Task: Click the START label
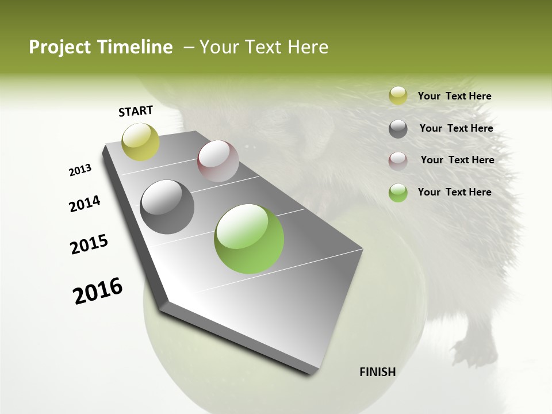click(136, 111)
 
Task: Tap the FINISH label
click(377, 372)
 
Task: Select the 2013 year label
click(80, 170)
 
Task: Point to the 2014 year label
click(85, 204)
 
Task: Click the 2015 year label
click(89, 244)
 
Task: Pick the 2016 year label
click(98, 291)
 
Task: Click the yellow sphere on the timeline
click(140, 141)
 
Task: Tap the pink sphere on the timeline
click(218, 161)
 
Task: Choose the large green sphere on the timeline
click(249, 239)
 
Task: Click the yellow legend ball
click(398, 96)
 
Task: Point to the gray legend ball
click(398, 129)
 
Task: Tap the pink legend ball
click(398, 160)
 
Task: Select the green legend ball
click(398, 193)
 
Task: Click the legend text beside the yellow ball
click(454, 97)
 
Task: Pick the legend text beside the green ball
click(454, 192)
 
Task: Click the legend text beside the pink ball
click(457, 160)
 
